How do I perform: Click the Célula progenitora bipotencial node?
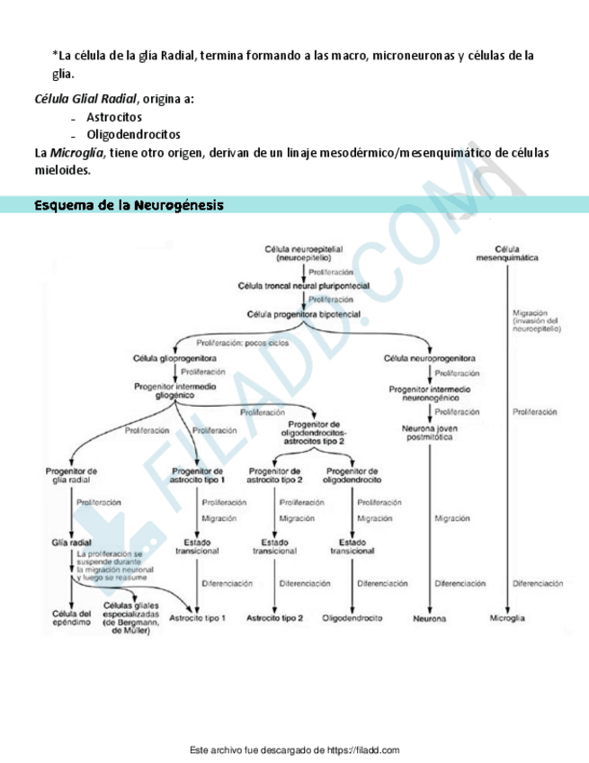303,314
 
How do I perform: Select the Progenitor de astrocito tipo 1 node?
197,475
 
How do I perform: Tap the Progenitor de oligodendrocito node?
352,475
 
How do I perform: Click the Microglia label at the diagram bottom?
507,619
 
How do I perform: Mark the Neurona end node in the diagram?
429,619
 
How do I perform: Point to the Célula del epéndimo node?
71,618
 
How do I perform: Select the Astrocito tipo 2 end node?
275,618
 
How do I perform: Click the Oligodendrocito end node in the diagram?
353,618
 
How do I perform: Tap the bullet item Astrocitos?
114,117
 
